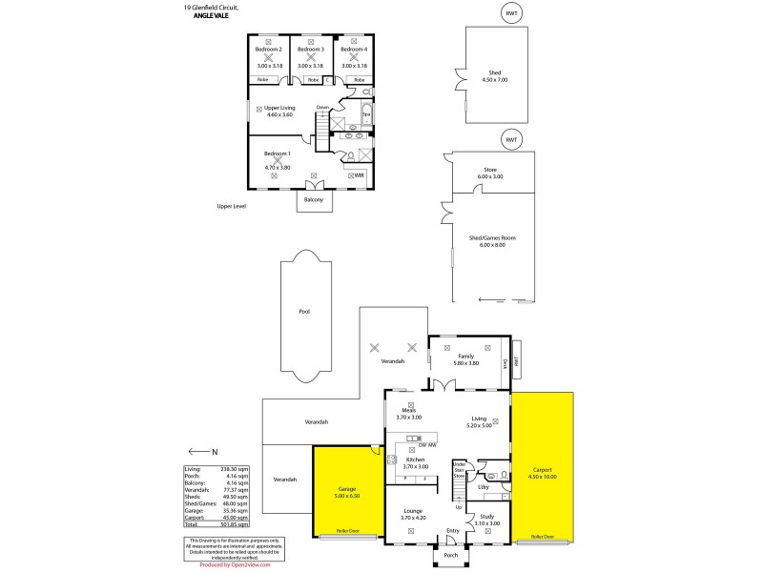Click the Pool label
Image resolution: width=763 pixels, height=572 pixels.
[x=303, y=311]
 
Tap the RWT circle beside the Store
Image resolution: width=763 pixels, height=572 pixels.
[x=512, y=139]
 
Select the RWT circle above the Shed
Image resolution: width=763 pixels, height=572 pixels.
[x=512, y=12]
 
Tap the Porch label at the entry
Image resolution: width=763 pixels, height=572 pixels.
[x=450, y=554]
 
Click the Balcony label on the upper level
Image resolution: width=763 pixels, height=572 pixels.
[x=313, y=200]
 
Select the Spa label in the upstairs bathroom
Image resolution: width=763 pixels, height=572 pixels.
[x=366, y=114]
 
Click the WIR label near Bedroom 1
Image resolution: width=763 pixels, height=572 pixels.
[x=359, y=175]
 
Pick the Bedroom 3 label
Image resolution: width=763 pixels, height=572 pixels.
[x=311, y=49]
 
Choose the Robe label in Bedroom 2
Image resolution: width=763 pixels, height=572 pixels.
[x=262, y=79]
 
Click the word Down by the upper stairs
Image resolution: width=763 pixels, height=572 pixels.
[x=322, y=107]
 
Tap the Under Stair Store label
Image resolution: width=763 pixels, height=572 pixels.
[x=458, y=469]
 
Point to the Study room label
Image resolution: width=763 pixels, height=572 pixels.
[x=487, y=516]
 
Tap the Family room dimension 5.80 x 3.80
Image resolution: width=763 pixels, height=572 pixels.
[x=466, y=363]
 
